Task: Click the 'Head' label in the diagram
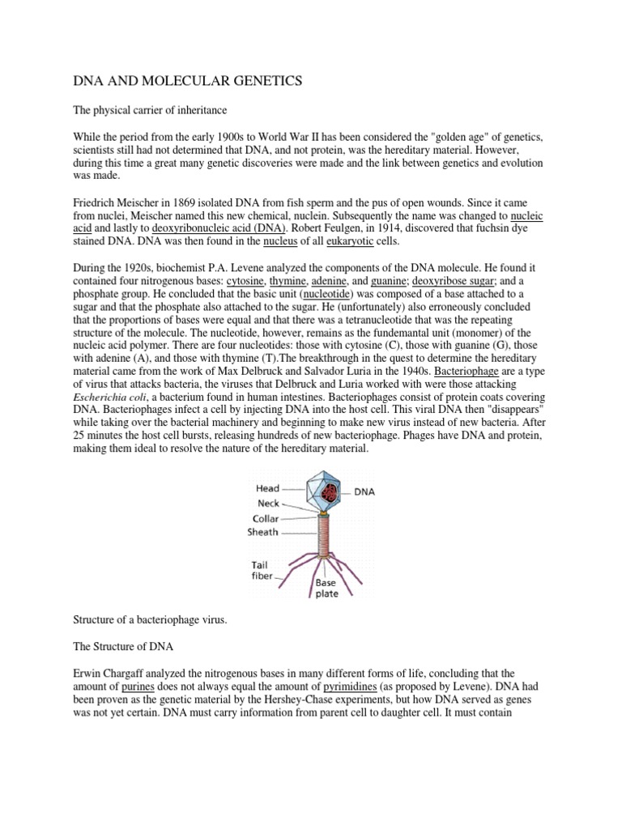pos(267,489)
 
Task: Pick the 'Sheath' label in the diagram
pos(262,532)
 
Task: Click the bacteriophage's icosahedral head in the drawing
pos(324,494)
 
